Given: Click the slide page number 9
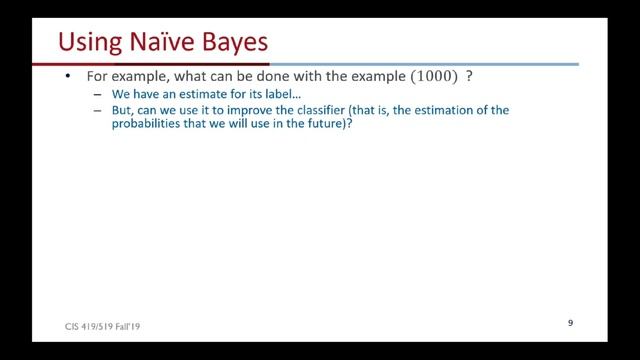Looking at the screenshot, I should (569, 323).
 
